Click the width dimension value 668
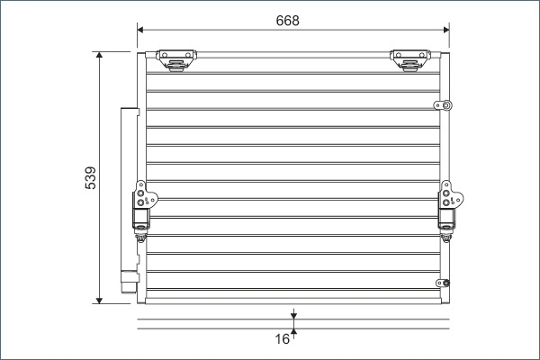coord(288,20)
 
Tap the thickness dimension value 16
coord(283,339)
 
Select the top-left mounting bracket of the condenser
coord(177,59)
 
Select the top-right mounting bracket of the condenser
coord(409,59)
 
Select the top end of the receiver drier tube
coord(129,110)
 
